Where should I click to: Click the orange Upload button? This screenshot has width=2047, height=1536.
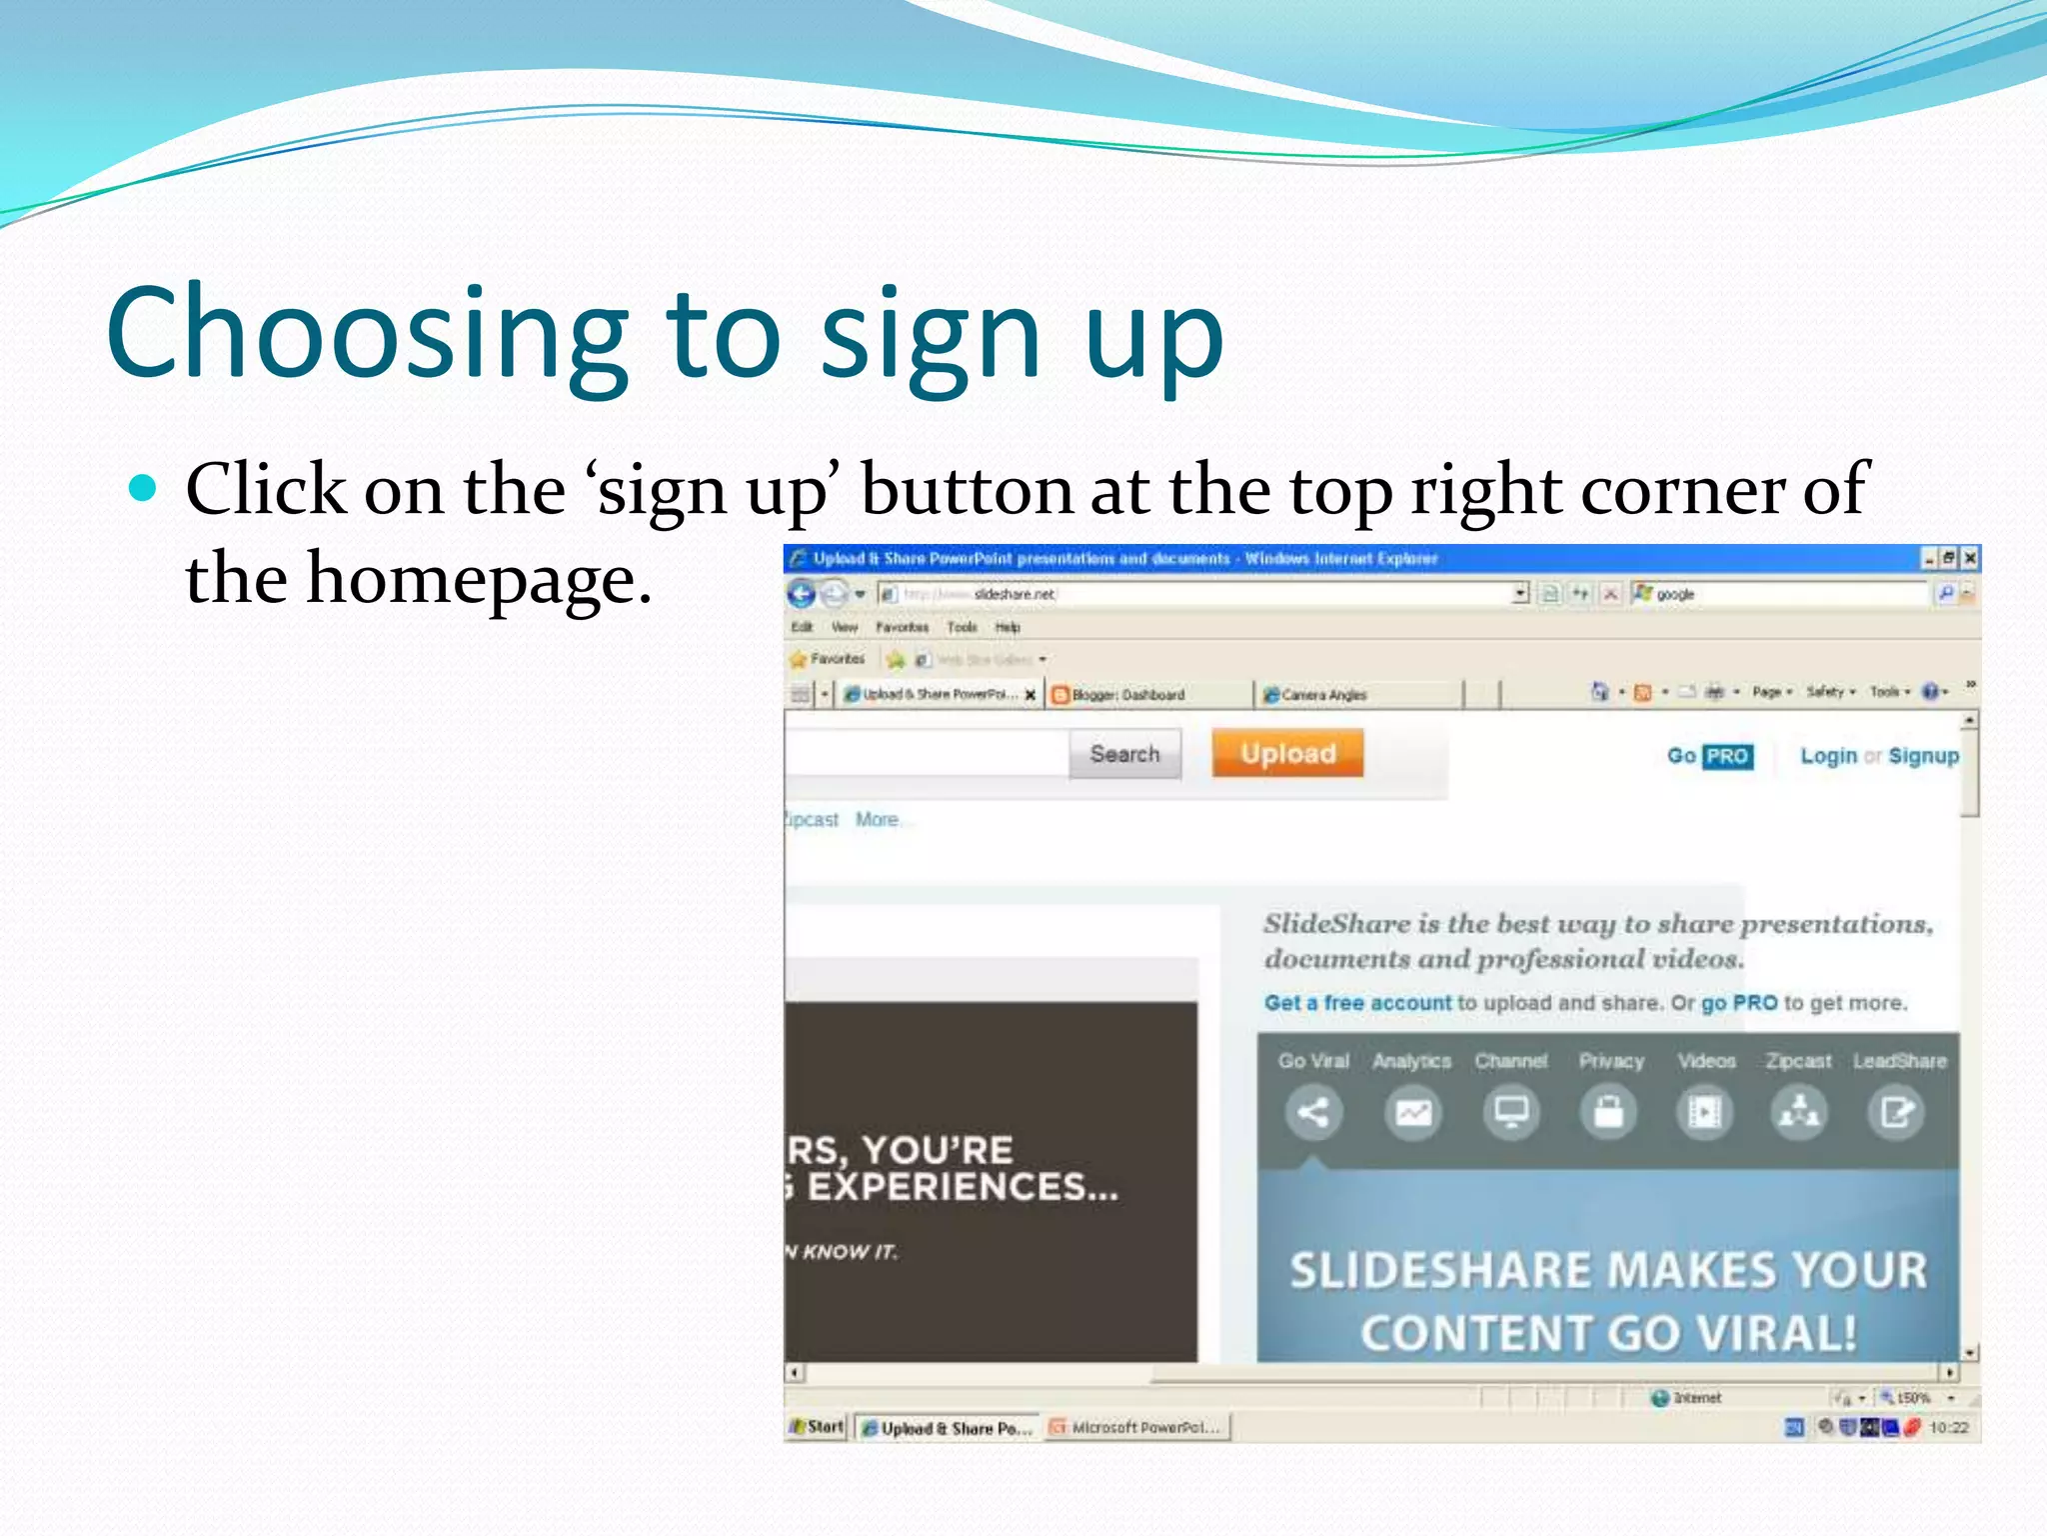(1287, 753)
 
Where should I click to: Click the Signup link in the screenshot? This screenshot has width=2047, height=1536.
(1923, 756)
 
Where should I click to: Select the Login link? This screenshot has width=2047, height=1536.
(1828, 756)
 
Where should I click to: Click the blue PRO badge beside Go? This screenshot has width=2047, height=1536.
(1727, 756)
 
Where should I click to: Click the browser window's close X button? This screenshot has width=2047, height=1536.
(1970, 558)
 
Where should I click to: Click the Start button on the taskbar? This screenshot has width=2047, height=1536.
(817, 1427)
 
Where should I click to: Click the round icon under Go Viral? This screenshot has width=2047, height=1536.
(1312, 1112)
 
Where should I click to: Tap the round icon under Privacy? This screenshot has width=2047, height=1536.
(1608, 1112)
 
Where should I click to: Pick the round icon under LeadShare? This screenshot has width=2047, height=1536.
(1896, 1112)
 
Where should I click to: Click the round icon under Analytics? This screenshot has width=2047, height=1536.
(1412, 1112)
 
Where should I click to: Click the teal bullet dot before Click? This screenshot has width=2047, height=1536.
(144, 488)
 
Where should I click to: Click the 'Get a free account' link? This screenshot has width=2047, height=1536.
(1356, 1002)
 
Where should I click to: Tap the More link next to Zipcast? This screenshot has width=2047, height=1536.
(877, 820)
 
